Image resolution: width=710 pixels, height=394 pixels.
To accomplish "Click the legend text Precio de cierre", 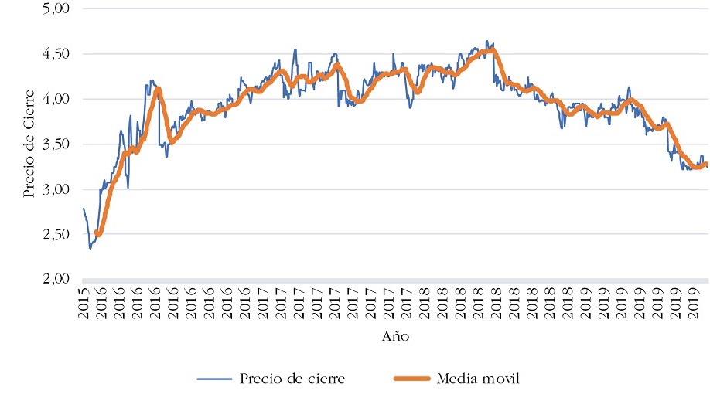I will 292,378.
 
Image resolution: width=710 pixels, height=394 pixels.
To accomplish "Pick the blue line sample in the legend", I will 214,379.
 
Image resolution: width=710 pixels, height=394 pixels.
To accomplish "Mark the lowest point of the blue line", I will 90,248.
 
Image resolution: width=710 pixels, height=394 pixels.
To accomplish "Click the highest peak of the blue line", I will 486,41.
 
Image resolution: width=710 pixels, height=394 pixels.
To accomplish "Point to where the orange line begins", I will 96,232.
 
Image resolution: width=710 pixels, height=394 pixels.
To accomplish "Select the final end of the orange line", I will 706,164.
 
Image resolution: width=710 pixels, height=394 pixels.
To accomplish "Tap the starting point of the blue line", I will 83,209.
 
